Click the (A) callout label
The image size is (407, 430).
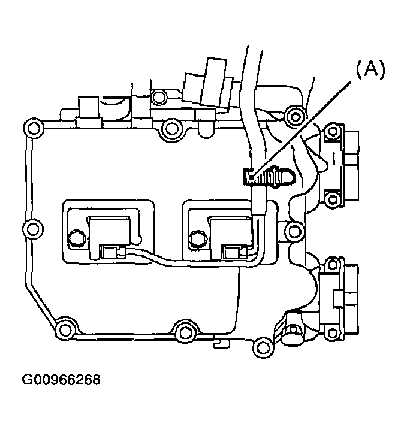pos(370,70)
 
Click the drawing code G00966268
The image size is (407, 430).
pos(61,380)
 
